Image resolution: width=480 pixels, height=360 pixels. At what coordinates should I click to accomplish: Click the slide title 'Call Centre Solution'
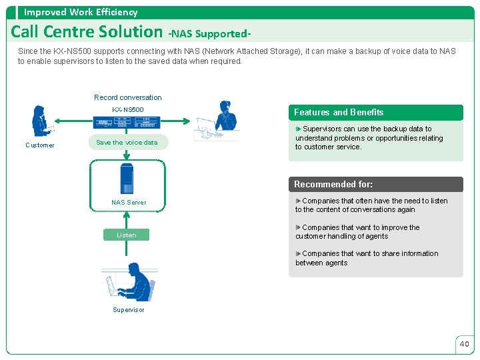click(87, 31)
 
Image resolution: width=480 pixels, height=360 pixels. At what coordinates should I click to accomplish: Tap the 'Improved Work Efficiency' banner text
click(81, 12)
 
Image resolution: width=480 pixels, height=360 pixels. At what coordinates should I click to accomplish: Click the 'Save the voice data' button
click(127, 142)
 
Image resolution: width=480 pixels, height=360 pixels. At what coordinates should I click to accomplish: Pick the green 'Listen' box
click(127, 235)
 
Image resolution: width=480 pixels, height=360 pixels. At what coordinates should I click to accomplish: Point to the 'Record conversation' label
click(127, 97)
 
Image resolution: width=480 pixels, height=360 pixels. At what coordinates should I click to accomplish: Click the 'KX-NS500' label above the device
click(127, 109)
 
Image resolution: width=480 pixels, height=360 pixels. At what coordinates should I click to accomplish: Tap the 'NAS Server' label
click(129, 202)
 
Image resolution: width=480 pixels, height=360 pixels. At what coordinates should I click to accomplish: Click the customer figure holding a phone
click(42, 122)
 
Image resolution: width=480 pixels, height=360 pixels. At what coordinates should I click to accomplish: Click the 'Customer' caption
click(40, 145)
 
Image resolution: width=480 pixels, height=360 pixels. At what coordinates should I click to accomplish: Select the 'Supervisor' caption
click(129, 310)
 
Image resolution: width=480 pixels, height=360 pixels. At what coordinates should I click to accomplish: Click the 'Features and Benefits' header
click(339, 112)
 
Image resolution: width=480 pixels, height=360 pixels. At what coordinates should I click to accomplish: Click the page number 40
click(464, 344)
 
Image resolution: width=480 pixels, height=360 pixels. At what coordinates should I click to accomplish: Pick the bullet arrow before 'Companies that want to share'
click(298, 253)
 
